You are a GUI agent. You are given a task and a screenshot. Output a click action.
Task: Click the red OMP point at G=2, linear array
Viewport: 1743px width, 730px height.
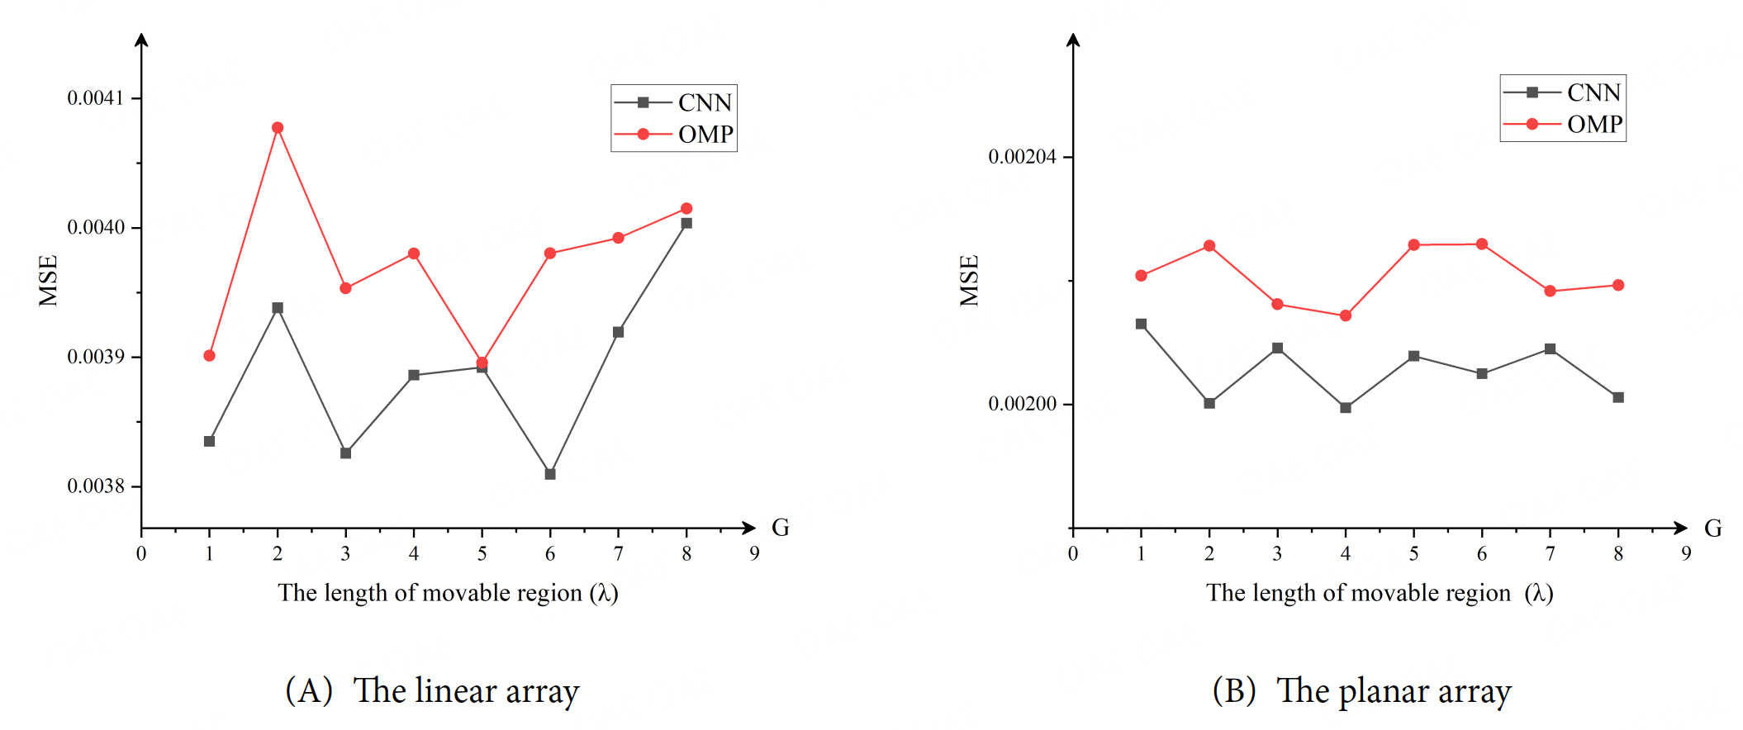tap(278, 128)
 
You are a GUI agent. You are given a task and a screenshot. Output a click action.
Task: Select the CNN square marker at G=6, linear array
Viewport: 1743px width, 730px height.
tap(550, 474)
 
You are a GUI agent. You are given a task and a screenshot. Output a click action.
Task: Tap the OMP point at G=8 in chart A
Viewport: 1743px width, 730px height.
tap(686, 208)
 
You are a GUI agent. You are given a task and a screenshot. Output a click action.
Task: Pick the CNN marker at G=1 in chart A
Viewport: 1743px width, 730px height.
tap(209, 441)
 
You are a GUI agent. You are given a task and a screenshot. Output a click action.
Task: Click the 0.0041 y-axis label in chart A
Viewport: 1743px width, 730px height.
tap(95, 98)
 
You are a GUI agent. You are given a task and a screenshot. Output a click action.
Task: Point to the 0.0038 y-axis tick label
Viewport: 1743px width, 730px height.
tap(95, 486)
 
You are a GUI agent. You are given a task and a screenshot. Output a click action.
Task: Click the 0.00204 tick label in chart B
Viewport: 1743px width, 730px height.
tap(1022, 157)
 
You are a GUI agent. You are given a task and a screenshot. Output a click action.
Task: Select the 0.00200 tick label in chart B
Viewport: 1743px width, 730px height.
tap(1022, 404)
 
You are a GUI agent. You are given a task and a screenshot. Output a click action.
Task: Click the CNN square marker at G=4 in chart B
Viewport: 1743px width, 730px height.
tap(1346, 408)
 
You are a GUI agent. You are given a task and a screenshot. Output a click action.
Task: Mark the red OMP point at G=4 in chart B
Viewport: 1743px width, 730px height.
tap(1346, 315)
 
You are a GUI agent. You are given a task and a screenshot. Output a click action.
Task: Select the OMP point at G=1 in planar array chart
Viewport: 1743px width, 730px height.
tap(1141, 276)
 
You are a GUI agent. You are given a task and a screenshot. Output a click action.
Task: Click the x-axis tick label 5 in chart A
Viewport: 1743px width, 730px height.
tap(482, 554)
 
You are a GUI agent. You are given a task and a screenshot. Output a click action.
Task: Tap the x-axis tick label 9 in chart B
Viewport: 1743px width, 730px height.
tap(1686, 554)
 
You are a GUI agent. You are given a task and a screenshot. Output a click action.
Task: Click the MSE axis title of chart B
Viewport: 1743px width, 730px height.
tap(970, 280)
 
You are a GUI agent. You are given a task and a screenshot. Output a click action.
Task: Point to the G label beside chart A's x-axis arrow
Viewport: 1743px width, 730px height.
tap(780, 528)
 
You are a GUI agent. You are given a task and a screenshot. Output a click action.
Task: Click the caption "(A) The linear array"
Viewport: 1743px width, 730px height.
tap(432, 690)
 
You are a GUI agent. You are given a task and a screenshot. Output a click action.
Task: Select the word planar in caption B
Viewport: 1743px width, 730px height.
tap(1384, 692)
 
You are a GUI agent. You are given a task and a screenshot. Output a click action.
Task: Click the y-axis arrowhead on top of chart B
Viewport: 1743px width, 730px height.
tap(1073, 39)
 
